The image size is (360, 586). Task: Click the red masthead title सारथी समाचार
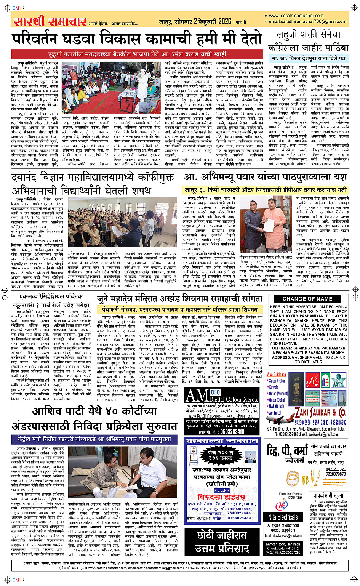(50, 22)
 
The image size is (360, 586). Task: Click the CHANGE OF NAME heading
(307, 299)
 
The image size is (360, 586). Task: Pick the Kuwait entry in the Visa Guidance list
(274, 387)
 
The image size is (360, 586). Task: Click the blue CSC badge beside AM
(215, 392)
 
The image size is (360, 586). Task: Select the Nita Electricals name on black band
(288, 517)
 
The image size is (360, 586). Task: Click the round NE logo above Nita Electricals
(282, 505)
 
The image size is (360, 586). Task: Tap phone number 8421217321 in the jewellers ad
(336, 469)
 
